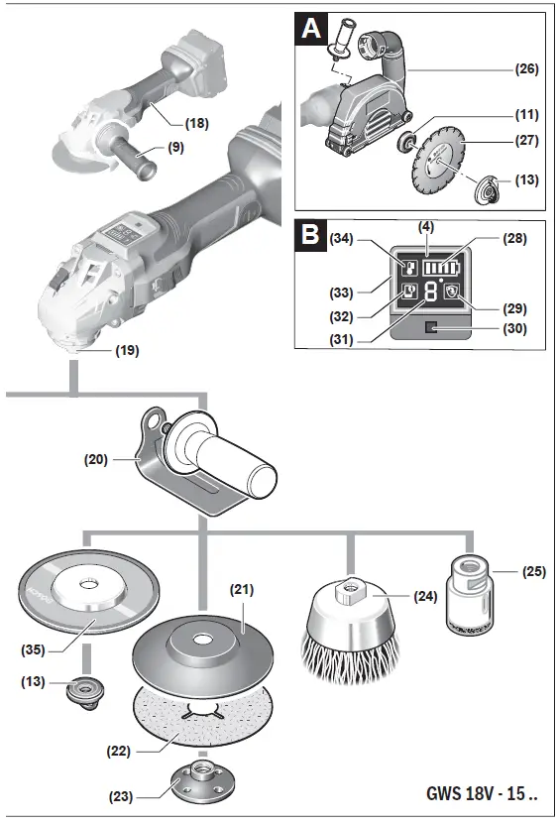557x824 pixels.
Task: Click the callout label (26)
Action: (526, 69)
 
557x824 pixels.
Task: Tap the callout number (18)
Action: (197, 123)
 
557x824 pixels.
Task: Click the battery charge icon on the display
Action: (439, 267)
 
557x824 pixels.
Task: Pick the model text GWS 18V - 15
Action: (483, 794)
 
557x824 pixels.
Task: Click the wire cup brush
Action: (350, 627)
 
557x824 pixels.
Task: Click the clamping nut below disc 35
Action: (82, 691)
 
